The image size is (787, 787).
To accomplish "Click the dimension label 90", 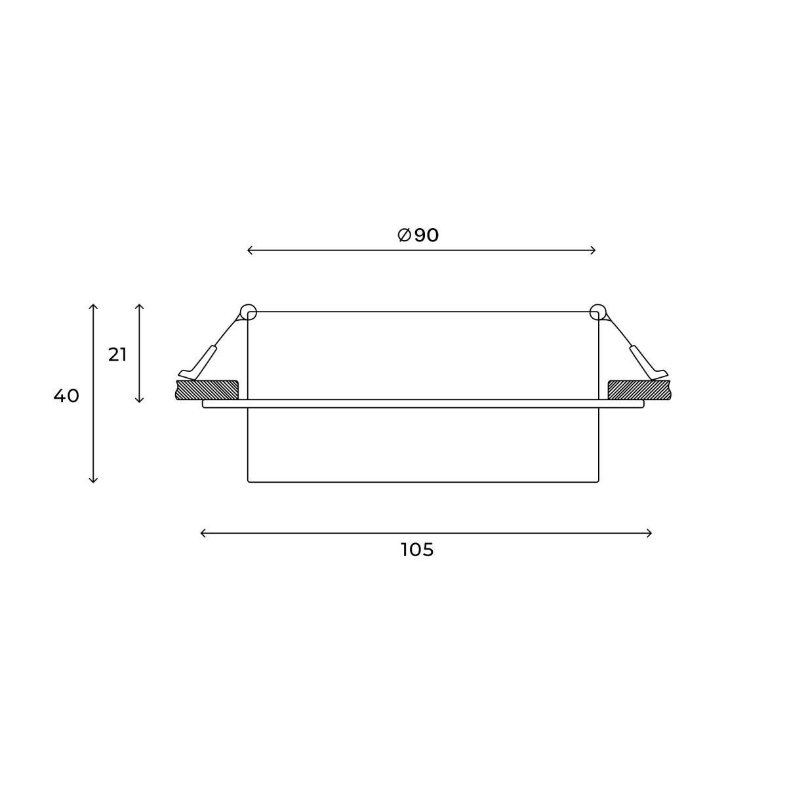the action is pos(426,235).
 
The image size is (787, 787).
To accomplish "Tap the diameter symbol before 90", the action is pos(404,235).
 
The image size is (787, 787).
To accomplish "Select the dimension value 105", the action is pos(417,550).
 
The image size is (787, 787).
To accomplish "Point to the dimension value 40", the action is pos(66,395).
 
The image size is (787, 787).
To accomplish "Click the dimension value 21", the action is pos(117,355).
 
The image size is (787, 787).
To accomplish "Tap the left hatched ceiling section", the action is pos(207,390).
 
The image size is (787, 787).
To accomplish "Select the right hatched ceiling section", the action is pos(639,390).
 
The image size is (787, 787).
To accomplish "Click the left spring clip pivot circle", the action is pos(249,312).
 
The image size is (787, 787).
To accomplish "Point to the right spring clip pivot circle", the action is pos(597,312).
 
